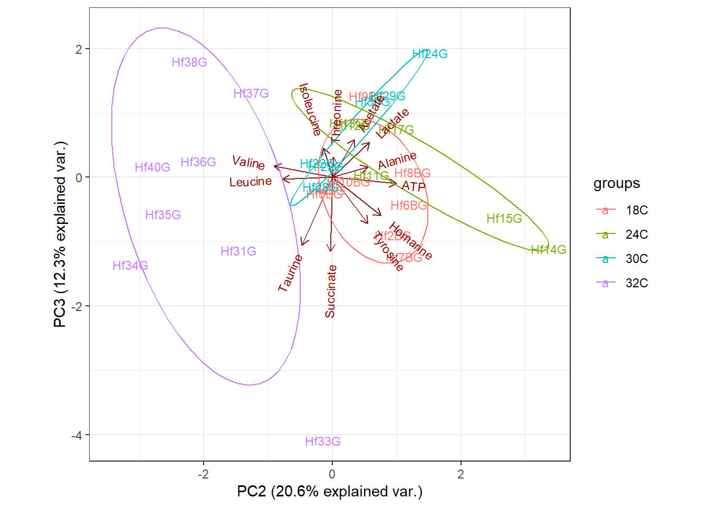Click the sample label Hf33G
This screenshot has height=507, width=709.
(x=323, y=442)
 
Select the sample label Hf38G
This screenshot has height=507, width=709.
(x=189, y=62)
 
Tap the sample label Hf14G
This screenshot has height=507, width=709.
(x=549, y=250)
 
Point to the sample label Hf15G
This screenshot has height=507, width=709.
(x=504, y=219)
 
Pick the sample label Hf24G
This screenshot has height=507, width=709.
(x=430, y=54)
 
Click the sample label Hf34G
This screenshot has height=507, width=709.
(x=130, y=266)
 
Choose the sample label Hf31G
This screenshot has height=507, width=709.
(x=238, y=251)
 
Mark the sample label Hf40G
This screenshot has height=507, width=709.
(x=152, y=167)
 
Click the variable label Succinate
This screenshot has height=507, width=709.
(x=331, y=292)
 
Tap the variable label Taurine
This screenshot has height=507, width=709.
(x=290, y=273)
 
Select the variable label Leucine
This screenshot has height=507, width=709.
(x=251, y=182)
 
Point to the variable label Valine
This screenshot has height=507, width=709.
(x=248, y=162)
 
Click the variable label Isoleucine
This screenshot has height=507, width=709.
(x=310, y=109)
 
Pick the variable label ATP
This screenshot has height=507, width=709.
(x=414, y=186)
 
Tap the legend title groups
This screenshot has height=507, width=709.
(x=617, y=183)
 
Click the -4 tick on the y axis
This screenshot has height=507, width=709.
(x=79, y=435)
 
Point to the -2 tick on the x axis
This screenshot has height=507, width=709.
(x=203, y=474)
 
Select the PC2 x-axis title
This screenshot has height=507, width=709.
(x=330, y=492)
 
